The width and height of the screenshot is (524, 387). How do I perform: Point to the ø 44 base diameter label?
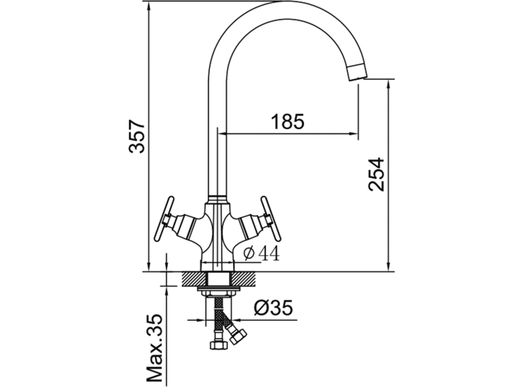pos(261,254)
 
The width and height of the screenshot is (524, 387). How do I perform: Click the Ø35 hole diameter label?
pos(273,308)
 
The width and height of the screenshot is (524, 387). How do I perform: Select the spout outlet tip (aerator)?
pos(357,72)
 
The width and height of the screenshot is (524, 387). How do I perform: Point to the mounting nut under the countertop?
pos(218,292)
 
